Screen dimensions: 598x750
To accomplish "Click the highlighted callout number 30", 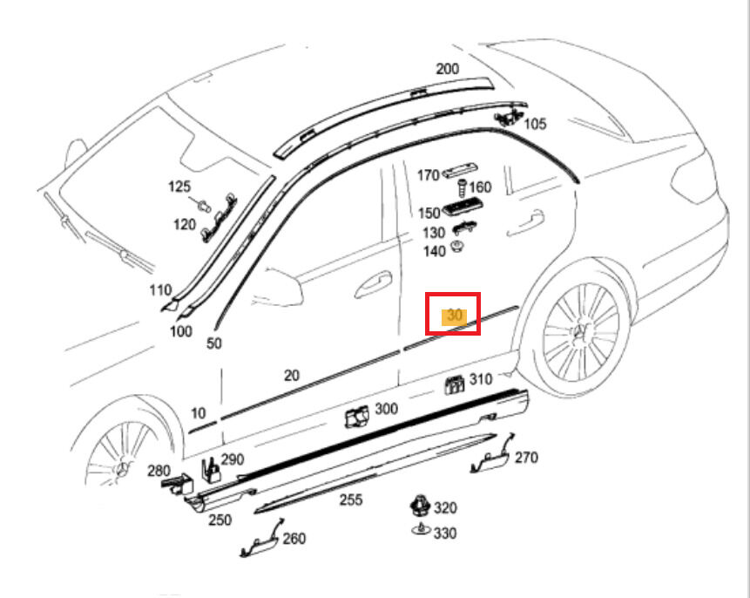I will pos(454,316).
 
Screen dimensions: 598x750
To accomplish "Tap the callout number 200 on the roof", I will pos(447,70).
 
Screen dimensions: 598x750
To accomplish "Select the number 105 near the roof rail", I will pos(535,125).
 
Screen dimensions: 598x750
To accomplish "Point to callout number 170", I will pos(428,176).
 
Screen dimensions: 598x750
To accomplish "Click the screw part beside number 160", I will pos(462,187).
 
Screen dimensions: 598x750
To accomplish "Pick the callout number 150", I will pos(429,214).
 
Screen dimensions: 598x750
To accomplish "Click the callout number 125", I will pos(179,187).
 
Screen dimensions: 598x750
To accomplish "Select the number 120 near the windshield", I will pos(184,225).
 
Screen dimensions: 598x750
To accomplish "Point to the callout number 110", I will pos(160,290).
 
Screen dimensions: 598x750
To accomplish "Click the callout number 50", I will pos(213,343).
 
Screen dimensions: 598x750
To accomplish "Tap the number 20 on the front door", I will pos(291,376).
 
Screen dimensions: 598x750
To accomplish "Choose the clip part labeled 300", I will pos(355,418).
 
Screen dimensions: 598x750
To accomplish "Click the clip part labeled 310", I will pos(453,384).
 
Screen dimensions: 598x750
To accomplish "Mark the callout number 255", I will pos(351,499).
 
